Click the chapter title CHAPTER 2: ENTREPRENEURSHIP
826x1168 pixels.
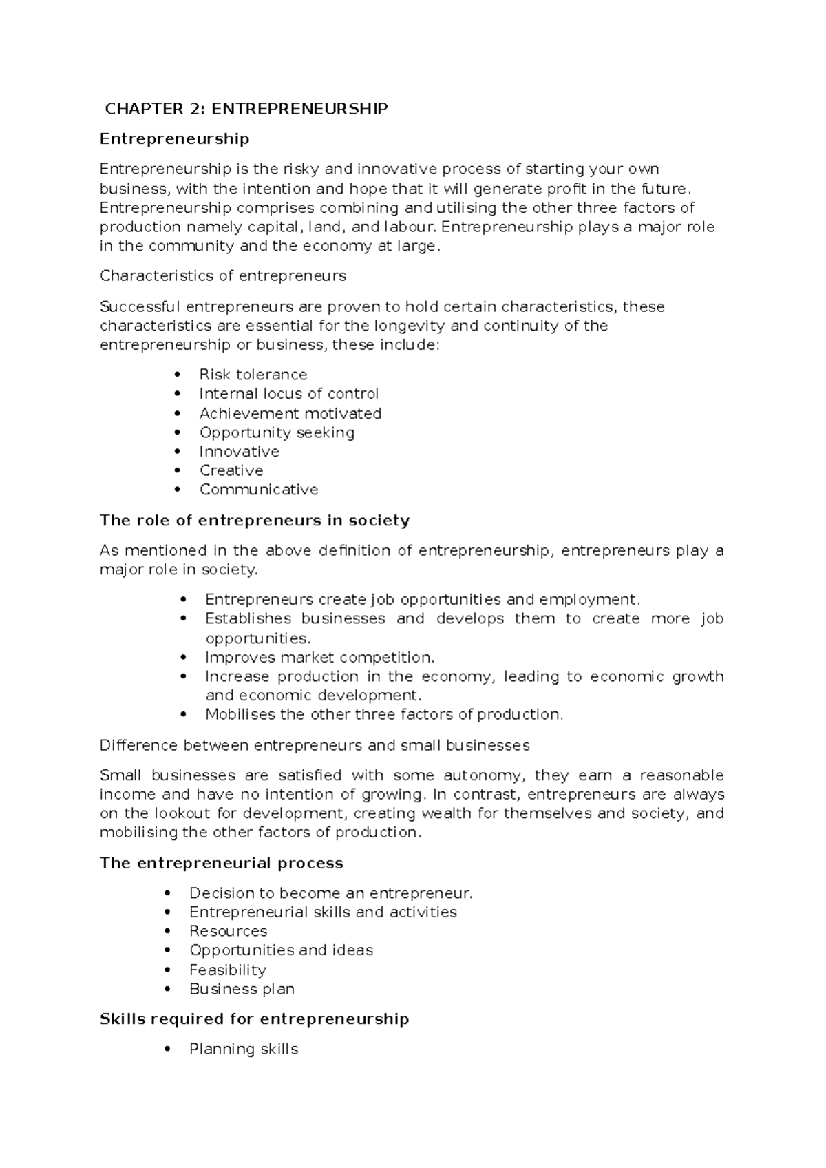(x=246, y=109)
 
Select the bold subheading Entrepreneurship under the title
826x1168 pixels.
(x=174, y=139)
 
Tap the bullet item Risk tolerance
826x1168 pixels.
(x=253, y=375)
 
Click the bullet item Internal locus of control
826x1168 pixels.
(x=288, y=394)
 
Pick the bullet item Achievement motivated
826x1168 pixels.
(x=290, y=413)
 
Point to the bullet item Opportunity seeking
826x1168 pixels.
(x=277, y=432)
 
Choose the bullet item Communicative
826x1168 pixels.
(x=259, y=490)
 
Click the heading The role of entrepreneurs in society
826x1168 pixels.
(x=254, y=521)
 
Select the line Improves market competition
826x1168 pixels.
(x=319, y=658)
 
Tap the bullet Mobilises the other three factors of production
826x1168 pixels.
(x=383, y=715)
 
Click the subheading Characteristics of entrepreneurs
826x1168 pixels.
(x=222, y=276)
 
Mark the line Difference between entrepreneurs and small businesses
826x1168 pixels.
(x=315, y=746)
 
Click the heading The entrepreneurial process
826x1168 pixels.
(x=221, y=864)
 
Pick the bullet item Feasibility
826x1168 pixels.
(x=227, y=970)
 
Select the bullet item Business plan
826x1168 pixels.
(x=242, y=990)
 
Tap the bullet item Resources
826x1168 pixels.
(x=228, y=931)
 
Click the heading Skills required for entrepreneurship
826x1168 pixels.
(x=254, y=1019)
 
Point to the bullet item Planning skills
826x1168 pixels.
(x=244, y=1050)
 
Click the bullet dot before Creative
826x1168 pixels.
(x=178, y=471)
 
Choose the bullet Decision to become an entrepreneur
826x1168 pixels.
(x=331, y=894)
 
